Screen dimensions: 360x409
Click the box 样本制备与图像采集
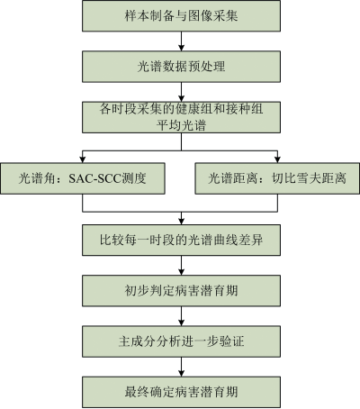click(x=181, y=15)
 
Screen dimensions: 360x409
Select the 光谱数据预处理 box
click(x=181, y=67)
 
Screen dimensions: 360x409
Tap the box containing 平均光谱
click(x=181, y=117)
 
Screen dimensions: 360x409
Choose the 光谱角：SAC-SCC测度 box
click(x=83, y=178)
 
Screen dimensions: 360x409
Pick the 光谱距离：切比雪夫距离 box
click(x=277, y=178)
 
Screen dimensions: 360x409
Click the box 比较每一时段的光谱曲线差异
click(x=181, y=240)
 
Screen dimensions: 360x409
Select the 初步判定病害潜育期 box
click(x=181, y=291)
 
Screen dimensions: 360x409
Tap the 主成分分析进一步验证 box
click(x=181, y=341)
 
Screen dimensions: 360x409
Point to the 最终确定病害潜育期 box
click(x=181, y=392)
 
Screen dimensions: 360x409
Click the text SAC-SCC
click(x=94, y=178)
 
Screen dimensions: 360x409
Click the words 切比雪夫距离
click(x=309, y=178)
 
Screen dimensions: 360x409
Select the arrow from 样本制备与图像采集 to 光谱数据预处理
click(x=181, y=41)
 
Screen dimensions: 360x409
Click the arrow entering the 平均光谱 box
click(x=181, y=92)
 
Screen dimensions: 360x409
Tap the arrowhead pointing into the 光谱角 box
click(x=83, y=160)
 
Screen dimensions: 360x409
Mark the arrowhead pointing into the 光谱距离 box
click(x=277, y=160)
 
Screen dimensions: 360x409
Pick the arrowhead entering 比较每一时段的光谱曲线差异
click(x=181, y=222)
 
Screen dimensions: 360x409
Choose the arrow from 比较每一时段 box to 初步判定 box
click(x=181, y=266)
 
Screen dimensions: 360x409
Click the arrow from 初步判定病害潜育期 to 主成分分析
click(x=181, y=316)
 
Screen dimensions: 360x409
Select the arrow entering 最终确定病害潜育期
click(x=181, y=367)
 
